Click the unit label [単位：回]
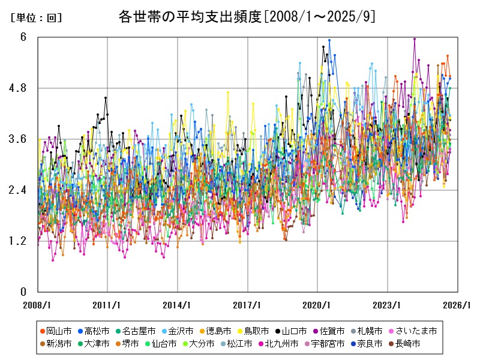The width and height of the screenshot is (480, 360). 36,18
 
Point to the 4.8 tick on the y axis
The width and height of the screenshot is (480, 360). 23,88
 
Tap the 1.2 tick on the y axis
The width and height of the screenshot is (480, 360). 23,241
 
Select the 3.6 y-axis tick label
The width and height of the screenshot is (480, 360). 23,139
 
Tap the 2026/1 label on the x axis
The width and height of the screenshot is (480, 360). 458,305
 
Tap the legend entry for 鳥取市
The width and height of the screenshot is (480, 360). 256,331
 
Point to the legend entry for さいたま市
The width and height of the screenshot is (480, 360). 415,331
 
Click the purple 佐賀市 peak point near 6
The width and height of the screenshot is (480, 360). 415,39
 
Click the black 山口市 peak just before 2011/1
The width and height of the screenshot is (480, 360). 106,97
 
